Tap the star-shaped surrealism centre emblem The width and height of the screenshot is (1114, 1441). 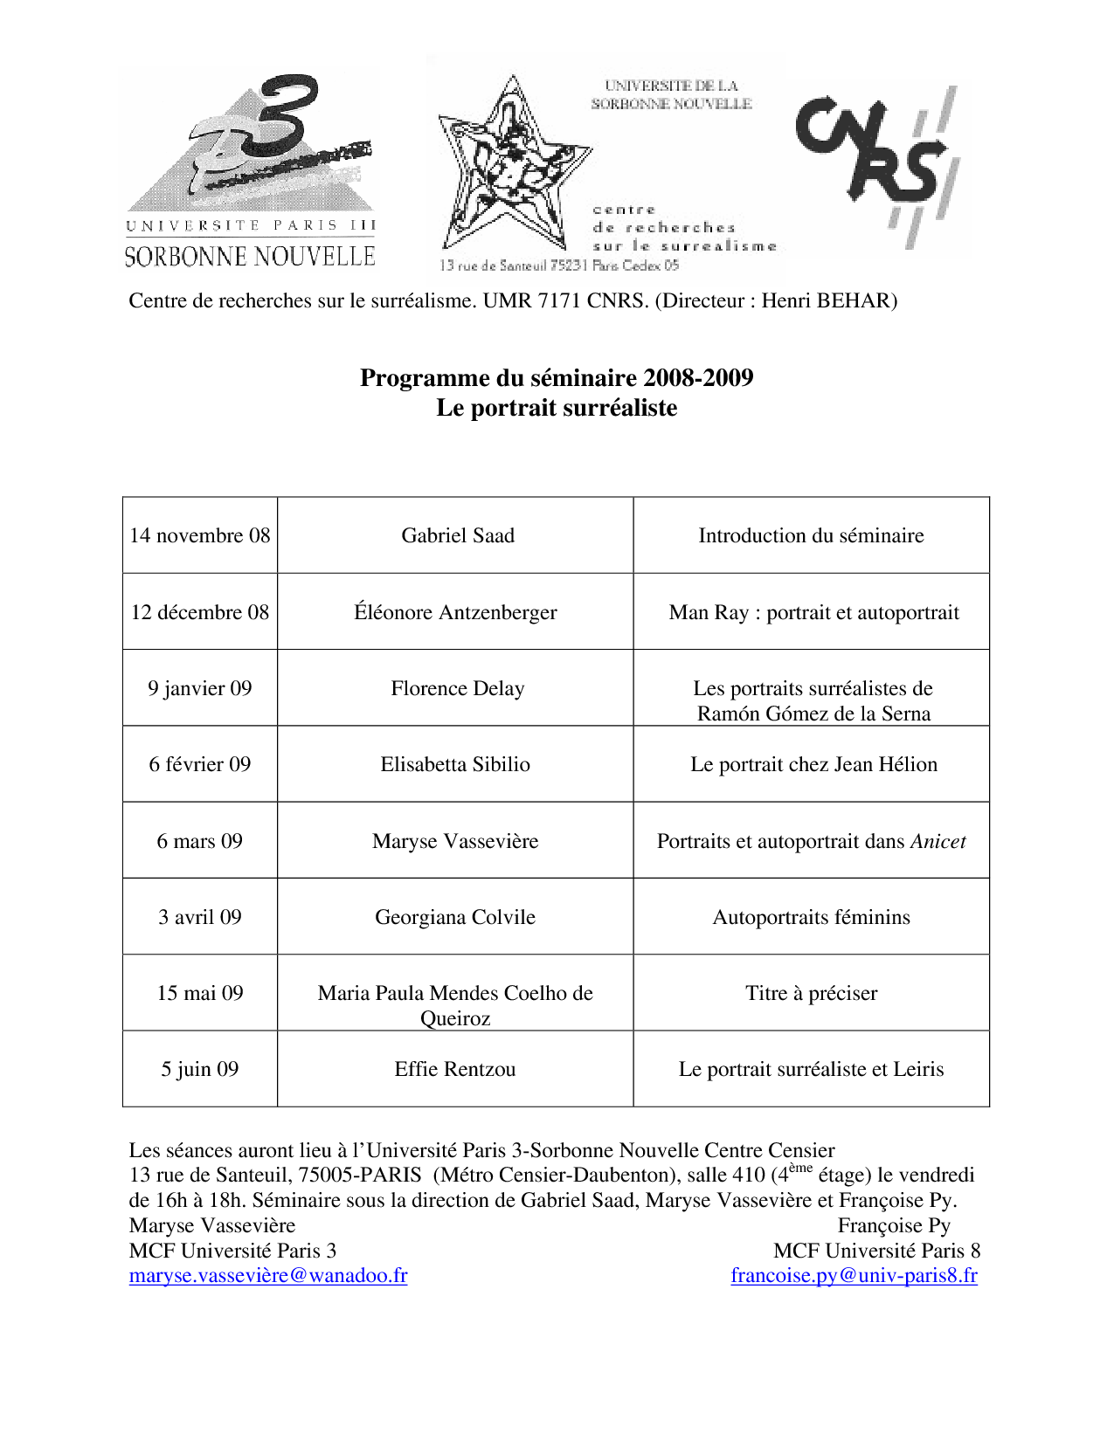(x=511, y=166)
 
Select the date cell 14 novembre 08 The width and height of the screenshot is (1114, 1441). (x=200, y=535)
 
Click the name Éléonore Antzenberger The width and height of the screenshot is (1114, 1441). (x=455, y=612)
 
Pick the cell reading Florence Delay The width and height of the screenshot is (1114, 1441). (x=458, y=688)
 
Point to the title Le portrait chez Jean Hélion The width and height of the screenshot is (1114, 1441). (x=813, y=764)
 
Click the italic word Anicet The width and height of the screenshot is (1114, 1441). (x=938, y=841)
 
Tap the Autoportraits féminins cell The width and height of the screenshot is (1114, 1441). (x=811, y=917)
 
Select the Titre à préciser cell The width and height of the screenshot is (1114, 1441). (x=811, y=993)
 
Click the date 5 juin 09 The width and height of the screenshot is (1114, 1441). (x=200, y=1069)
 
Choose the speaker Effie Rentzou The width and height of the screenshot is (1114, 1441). (x=455, y=1069)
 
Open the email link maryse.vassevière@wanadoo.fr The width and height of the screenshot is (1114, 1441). (x=268, y=1275)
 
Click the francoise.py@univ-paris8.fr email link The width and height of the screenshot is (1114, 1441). (x=854, y=1275)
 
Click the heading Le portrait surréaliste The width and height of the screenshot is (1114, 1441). (x=557, y=408)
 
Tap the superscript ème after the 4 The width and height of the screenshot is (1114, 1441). (x=800, y=1168)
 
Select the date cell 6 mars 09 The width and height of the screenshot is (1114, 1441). (x=200, y=841)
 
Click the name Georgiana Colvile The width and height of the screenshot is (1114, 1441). (x=455, y=917)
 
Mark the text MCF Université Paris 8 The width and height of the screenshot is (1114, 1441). (x=876, y=1250)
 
